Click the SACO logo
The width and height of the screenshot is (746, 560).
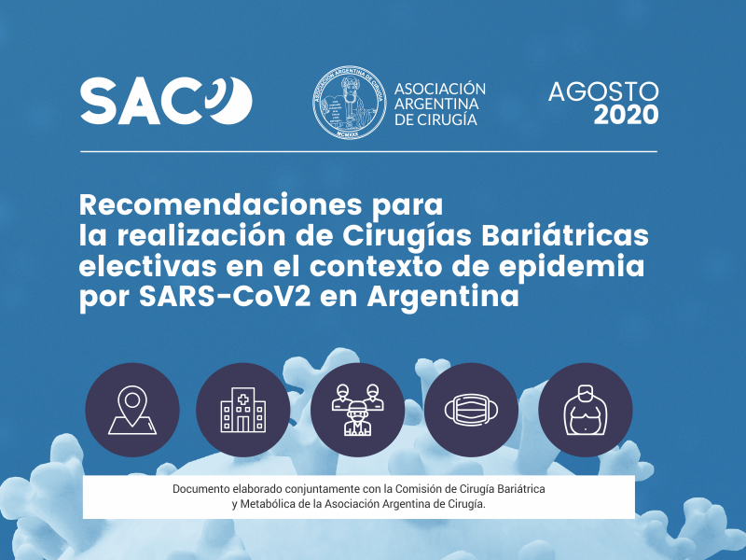coord(166,101)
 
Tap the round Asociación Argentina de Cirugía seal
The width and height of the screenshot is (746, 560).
coord(349,103)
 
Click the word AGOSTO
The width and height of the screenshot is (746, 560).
coord(603,91)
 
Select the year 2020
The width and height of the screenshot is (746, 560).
coord(626,115)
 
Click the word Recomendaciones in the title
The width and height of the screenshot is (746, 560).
coord(220,204)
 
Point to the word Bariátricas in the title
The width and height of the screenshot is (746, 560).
coord(565,235)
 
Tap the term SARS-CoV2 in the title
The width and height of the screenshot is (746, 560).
coord(225,296)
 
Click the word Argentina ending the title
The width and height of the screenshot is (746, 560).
coord(443,298)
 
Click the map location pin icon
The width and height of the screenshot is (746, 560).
coord(132,410)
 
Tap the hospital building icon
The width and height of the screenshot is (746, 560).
coord(243,410)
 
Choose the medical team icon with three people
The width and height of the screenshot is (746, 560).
coord(357,410)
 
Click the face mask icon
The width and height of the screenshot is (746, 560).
coord(472,410)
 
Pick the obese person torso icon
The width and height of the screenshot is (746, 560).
coord(586,410)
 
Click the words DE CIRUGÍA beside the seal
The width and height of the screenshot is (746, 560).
coord(435,119)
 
